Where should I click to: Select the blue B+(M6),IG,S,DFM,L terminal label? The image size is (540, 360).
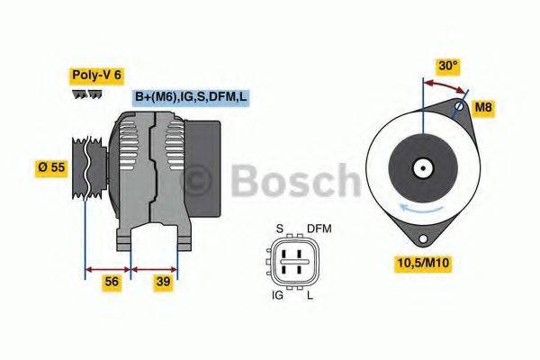[x=190, y=96]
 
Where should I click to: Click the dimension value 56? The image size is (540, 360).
[x=112, y=282]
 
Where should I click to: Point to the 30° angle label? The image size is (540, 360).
[x=447, y=66]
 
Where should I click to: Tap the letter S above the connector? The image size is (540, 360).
[x=279, y=229]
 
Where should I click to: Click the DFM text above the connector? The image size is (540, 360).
[x=319, y=229]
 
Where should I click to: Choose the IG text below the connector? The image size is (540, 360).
[x=278, y=293]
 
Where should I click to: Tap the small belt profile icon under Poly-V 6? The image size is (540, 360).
[x=87, y=94]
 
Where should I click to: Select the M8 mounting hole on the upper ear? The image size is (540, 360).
[x=459, y=109]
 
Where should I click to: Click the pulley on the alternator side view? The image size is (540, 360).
[x=85, y=170]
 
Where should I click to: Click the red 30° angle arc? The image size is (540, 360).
[x=445, y=83]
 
